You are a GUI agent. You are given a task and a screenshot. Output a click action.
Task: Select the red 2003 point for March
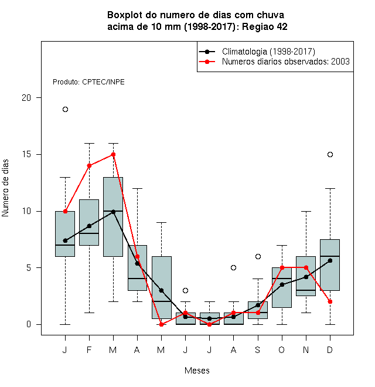pos(113,154)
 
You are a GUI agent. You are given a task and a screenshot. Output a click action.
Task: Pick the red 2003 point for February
pos(89,165)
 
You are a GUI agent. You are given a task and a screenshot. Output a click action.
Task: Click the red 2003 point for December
pos(330,301)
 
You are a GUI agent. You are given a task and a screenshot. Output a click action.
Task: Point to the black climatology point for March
pos(113,212)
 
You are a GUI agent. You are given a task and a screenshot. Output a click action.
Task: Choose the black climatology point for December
pos(330,260)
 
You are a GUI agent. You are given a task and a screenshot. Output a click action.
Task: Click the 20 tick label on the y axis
pos(26,98)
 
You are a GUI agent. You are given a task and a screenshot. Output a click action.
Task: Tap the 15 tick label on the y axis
pos(26,154)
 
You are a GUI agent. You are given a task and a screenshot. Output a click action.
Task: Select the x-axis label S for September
pos(258,349)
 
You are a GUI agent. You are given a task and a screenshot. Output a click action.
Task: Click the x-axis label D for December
pos(330,349)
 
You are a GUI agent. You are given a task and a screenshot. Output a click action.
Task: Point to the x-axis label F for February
pos(89,349)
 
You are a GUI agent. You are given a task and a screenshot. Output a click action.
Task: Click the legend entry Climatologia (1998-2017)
pos(268,52)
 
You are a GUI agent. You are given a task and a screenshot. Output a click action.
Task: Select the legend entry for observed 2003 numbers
pos(286,62)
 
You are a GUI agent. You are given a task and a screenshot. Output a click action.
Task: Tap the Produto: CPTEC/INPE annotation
pos(88,82)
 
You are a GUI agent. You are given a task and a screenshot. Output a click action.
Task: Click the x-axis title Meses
pos(197,371)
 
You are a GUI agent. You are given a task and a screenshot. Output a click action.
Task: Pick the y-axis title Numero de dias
pos(5,188)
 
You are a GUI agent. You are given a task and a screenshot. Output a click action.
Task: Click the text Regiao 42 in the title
pos(265,26)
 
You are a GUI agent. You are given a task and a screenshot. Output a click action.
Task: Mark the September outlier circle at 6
pos(258,256)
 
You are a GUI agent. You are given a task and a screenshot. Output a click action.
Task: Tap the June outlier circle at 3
pos(186,290)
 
